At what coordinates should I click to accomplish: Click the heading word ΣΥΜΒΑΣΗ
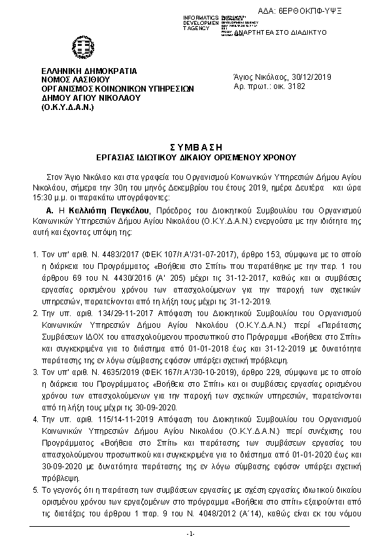tap(194, 147)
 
